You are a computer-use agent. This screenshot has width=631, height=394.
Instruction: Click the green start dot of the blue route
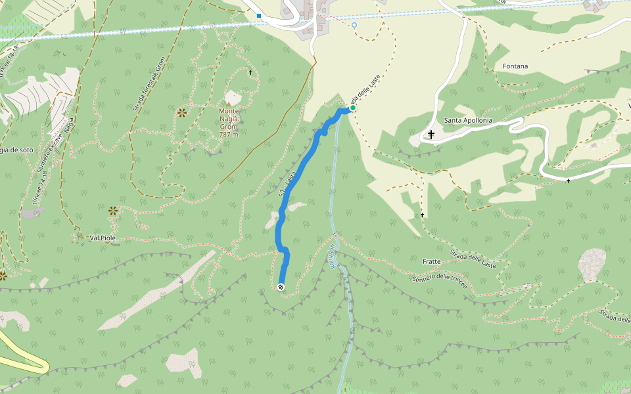tap(353, 108)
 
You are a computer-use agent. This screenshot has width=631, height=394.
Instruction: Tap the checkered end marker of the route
tap(281, 287)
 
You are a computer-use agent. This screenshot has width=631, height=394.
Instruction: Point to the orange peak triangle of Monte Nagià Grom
tap(229, 104)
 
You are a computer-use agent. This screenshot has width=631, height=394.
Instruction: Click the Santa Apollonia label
tap(468, 121)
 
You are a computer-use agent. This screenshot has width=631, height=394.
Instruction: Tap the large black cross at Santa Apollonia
tap(431, 134)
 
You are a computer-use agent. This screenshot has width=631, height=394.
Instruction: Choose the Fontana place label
tap(515, 66)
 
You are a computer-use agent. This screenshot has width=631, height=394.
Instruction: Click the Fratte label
tap(432, 261)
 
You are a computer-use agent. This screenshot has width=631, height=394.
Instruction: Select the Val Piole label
tap(104, 238)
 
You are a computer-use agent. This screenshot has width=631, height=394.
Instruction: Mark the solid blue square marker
tap(259, 16)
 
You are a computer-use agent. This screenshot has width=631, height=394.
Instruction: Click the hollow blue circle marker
tap(354, 25)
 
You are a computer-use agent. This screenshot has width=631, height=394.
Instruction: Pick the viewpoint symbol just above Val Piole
tap(113, 210)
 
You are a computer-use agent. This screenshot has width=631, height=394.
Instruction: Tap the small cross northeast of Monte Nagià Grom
tap(250, 72)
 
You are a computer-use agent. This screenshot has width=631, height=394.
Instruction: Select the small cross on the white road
tap(569, 181)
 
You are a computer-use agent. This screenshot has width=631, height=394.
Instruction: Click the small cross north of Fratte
tap(422, 215)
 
